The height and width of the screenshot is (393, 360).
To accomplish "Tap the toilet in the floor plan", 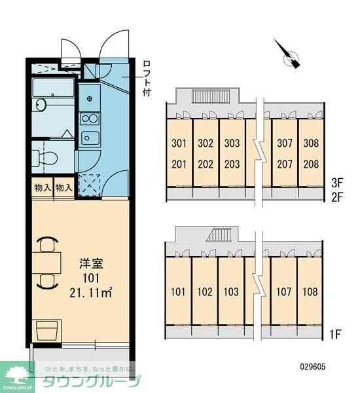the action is click(45, 158).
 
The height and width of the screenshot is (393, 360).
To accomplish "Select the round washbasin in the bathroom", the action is click(41, 104).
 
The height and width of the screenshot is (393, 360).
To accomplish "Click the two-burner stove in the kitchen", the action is click(90, 119).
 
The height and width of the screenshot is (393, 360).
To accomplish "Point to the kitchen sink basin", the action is click(90, 138).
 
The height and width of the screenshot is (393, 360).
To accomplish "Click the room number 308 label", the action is click(311, 143).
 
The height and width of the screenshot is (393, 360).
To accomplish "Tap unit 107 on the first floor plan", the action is click(283, 291).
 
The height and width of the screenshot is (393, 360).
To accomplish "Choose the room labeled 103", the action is click(231, 291).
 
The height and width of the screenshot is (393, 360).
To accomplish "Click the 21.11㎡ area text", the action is click(91, 293).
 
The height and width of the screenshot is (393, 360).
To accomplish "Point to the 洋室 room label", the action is click(91, 264).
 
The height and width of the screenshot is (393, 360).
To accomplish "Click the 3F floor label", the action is click(336, 183).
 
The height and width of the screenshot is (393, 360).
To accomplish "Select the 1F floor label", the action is click(334, 334).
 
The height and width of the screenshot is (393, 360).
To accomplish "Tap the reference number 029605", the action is click(313, 367).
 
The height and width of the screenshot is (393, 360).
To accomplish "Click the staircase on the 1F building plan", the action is click(219, 235).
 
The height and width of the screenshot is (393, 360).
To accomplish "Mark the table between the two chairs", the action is click(46, 263).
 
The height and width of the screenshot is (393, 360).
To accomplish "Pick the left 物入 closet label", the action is click(43, 187).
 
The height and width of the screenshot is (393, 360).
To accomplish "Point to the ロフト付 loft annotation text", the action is click(147, 78).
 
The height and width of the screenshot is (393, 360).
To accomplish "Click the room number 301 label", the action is click(179, 143).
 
